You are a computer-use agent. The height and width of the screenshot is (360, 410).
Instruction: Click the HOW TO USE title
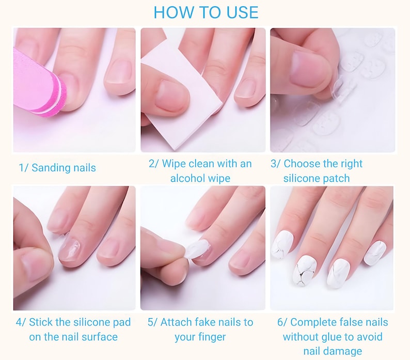(206, 12)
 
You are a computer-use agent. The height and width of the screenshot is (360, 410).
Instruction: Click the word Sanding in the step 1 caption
(49, 168)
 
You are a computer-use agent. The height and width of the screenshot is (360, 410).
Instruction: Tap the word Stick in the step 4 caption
(41, 322)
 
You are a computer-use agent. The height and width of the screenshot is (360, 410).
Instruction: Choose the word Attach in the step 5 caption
(177, 322)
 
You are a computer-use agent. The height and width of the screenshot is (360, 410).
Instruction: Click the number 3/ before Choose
(276, 164)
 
